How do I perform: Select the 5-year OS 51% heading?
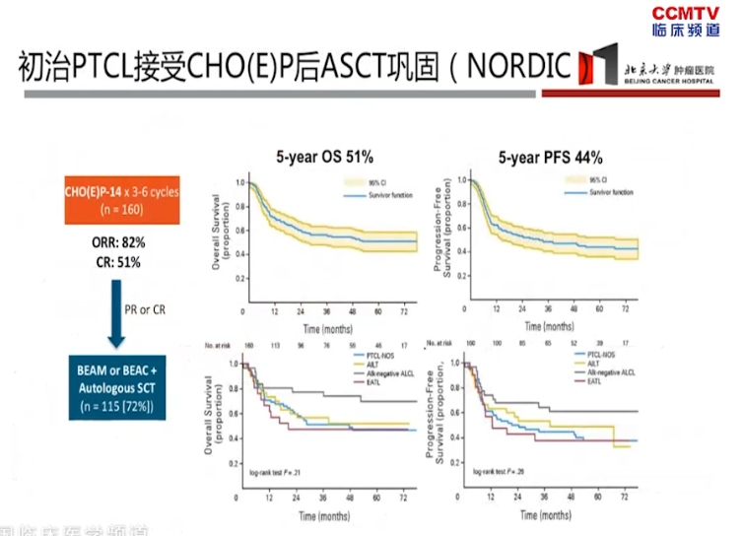pos(325,157)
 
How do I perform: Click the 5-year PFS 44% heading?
pos(550,157)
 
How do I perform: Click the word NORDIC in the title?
pos(519,66)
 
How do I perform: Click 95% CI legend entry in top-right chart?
pos(596,180)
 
